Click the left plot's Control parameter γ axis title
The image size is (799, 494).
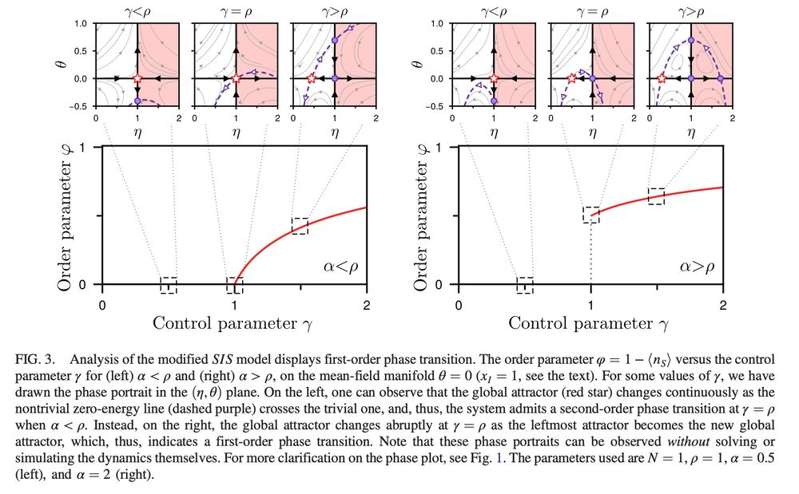[x=234, y=323]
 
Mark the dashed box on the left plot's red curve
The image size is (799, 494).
[x=300, y=226]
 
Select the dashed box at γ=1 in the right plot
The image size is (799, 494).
[x=591, y=214]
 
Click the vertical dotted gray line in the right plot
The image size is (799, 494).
[x=591, y=255]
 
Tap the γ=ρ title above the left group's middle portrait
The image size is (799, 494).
[x=236, y=12]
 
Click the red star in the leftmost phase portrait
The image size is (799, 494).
[x=137, y=78]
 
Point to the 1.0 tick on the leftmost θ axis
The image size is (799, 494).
[x=82, y=24]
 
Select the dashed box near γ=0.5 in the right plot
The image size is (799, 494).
[x=525, y=285]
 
